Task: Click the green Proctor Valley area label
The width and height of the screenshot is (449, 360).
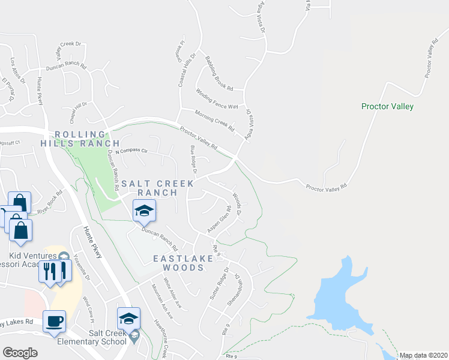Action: [x=387, y=106]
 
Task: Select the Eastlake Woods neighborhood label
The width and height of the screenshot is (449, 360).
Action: [x=178, y=262]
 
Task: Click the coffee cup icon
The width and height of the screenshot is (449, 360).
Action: [x=55, y=321]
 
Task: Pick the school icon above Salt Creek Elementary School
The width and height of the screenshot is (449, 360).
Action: [x=129, y=319]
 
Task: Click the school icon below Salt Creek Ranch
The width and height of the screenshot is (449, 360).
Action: [x=144, y=211]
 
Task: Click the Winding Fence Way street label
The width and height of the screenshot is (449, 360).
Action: [x=217, y=98]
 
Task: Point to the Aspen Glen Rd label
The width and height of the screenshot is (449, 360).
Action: [x=218, y=220]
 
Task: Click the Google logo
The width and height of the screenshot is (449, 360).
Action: [x=20, y=353]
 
